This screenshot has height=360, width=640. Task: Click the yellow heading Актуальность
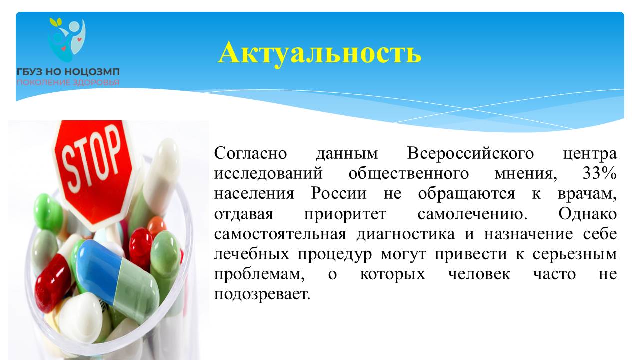[319, 53]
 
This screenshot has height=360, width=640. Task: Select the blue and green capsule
[117, 280]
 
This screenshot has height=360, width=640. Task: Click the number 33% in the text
[600, 173]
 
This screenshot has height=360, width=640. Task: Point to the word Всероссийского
[470, 153]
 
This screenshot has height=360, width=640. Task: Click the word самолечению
[473, 214]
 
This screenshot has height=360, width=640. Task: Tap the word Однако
[588, 213]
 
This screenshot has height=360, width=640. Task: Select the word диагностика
[405, 234]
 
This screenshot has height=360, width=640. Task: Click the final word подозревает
[262, 294]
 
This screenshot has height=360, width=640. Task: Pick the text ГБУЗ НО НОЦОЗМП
[68, 72]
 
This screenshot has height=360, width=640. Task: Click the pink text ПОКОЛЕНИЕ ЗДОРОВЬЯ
[68, 83]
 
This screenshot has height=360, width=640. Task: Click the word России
[339, 193]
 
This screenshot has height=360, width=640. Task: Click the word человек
[479, 274]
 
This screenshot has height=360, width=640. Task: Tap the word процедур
[335, 255]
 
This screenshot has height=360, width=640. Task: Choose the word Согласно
[250, 153]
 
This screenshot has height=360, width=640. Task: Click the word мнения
[526, 174]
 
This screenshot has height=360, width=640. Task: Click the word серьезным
[575, 255]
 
